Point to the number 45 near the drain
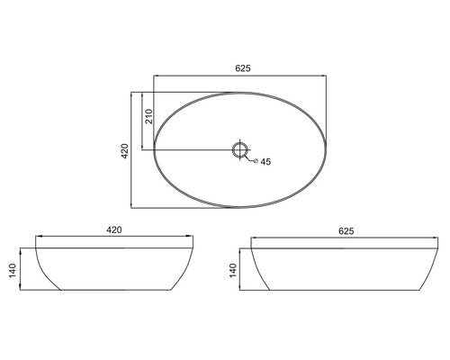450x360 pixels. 266,163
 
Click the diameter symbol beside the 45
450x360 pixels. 256,162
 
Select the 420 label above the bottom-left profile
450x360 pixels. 114,230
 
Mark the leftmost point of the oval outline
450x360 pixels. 154,148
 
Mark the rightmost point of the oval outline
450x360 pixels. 330,148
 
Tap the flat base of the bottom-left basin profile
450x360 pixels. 114,291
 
